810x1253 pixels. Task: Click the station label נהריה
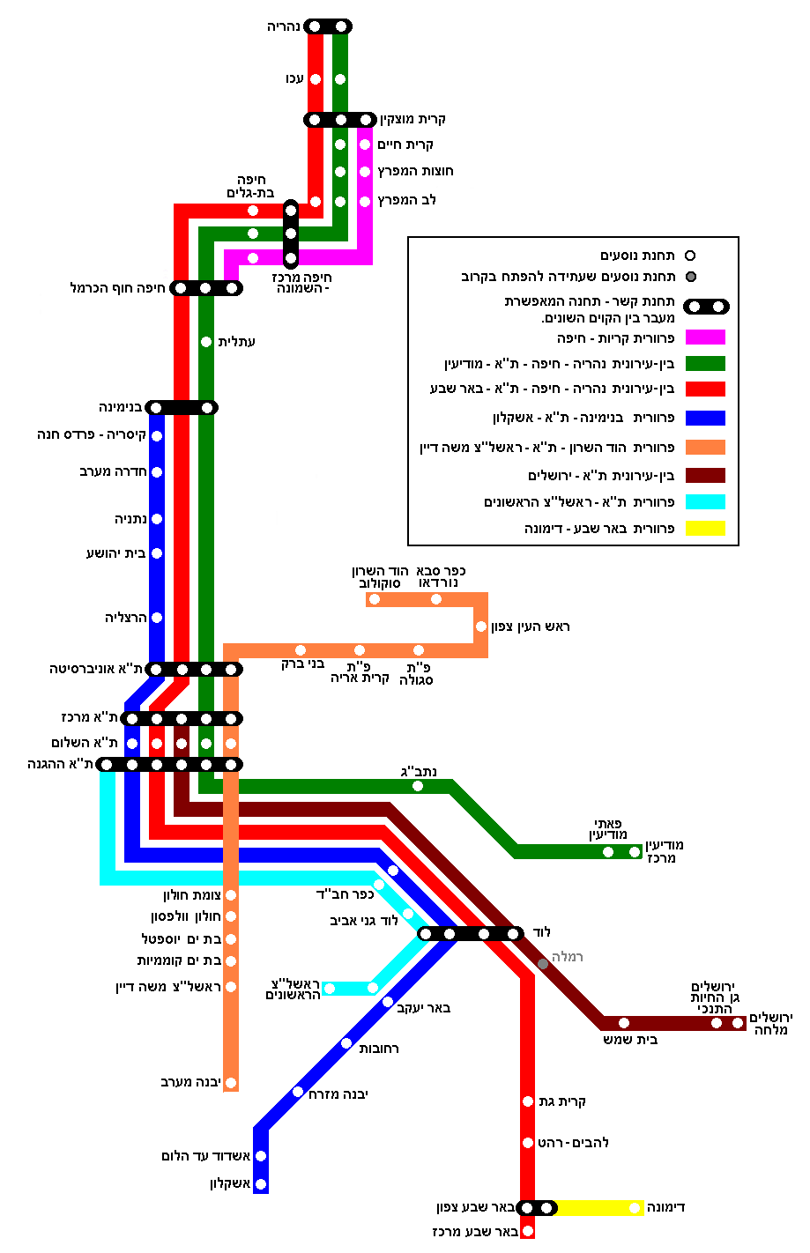coord(285,27)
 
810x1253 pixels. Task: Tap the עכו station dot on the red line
coord(316,79)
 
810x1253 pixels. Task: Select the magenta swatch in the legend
coord(705,337)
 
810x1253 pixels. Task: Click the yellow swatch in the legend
coord(705,529)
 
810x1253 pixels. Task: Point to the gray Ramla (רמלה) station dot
coord(543,964)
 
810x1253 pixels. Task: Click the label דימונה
coord(665,1207)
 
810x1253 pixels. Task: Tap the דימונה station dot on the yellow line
coord(635,1208)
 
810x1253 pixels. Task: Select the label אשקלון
coord(230,1183)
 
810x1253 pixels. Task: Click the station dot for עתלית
coord(206,342)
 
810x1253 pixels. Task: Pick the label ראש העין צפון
coord(531,626)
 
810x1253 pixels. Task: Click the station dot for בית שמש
coord(624,1023)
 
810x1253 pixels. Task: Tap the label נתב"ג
coord(419,772)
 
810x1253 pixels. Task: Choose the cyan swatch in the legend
coord(705,502)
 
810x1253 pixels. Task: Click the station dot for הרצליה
coord(157,618)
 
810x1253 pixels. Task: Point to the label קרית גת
coord(562,1101)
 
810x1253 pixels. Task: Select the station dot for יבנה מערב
coord(231,1083)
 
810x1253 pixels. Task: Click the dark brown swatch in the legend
coord(705,476)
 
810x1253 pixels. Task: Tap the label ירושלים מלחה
coord(771,1024)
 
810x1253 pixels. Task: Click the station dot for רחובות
coord(346,1043)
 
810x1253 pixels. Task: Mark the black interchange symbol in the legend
coord(706,307)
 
